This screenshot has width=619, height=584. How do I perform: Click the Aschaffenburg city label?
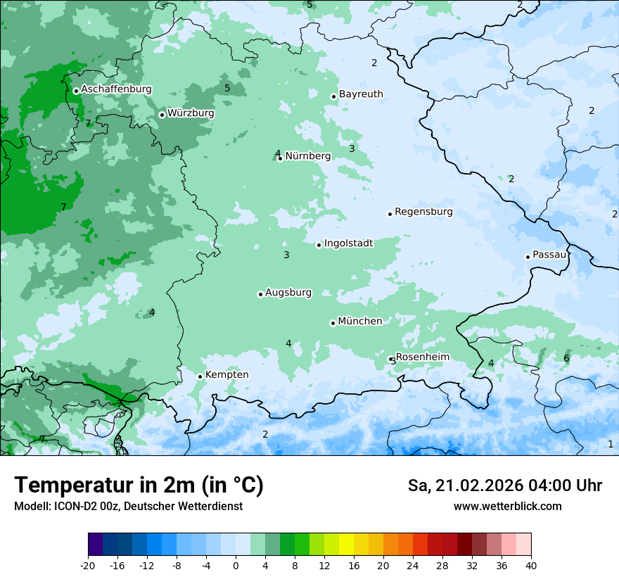116,89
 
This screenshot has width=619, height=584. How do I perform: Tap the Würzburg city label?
191,113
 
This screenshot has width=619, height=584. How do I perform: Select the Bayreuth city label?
361,94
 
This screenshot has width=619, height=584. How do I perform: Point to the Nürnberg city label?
307,156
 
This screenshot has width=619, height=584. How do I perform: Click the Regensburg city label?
423,212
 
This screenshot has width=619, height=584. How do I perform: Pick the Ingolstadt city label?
348,243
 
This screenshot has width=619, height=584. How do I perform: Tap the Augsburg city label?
288,293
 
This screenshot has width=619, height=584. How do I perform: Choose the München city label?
359,322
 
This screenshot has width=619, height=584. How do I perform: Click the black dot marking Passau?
528,257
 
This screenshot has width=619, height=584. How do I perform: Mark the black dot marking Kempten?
200,376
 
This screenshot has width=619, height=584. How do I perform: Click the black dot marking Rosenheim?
391,360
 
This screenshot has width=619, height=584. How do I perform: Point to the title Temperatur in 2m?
139,485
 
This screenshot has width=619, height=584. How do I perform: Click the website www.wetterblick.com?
507,507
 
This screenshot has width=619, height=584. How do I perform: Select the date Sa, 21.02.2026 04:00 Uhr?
504,485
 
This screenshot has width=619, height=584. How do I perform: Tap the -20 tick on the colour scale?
88,565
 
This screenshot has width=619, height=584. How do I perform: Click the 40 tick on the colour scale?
531,565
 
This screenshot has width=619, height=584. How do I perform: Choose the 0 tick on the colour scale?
236,565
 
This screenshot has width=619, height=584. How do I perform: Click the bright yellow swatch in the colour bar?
346,545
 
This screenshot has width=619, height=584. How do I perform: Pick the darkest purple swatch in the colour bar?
96,545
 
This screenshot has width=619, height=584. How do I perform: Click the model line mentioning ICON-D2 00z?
128,507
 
